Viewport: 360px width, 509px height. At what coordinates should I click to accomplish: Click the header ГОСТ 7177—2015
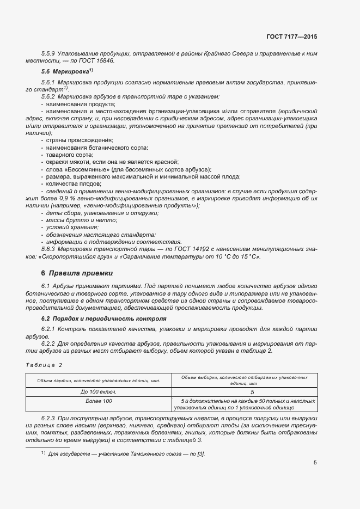pos(292,36)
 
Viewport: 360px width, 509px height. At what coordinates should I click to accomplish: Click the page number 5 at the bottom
pos(315,463)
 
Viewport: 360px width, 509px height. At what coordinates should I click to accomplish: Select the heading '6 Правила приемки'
pos(76,273)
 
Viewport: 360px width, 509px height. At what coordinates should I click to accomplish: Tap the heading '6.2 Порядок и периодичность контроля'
pos(103,318)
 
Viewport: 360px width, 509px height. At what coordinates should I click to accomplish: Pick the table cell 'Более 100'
pos(99,401)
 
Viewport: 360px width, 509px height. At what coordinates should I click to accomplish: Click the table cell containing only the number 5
pos(245,391)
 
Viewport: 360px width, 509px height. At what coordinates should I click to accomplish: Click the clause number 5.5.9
pos(48,53)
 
